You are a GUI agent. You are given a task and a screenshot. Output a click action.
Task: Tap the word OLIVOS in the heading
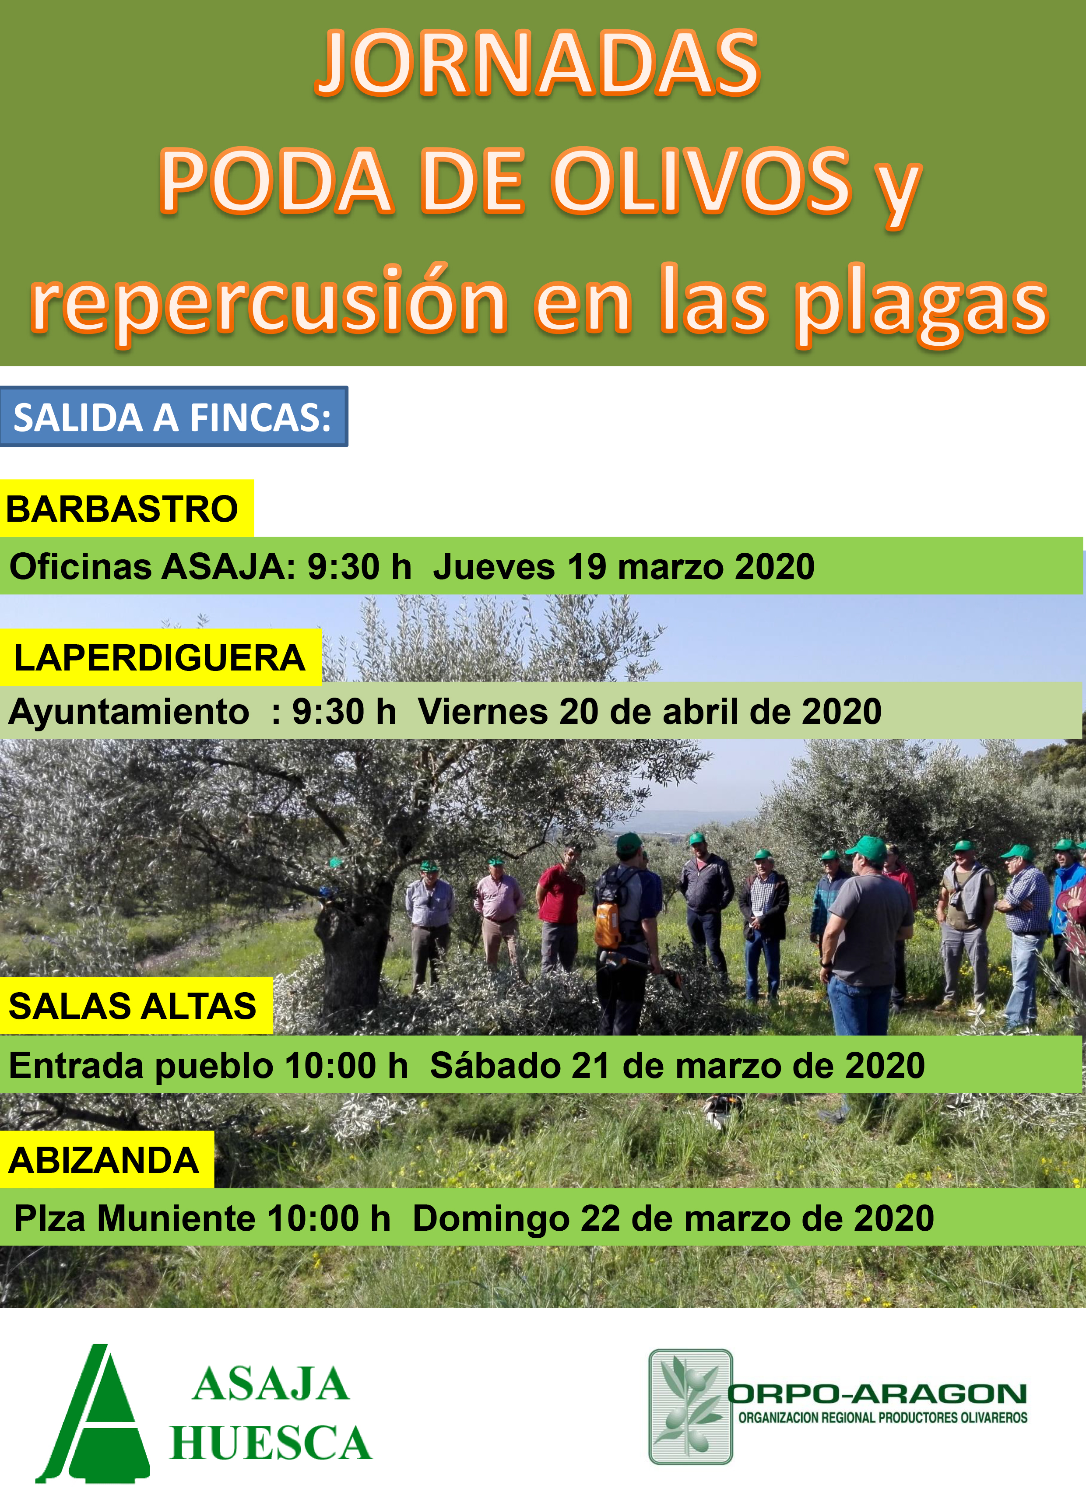701,181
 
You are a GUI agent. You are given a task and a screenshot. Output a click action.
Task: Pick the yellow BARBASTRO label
126,508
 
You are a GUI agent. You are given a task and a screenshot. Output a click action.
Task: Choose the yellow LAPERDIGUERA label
161,657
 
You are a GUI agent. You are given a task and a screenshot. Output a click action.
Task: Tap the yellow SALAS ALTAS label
136,1005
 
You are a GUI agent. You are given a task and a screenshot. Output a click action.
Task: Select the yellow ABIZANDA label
106,1159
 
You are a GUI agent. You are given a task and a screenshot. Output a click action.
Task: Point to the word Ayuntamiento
129,712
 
